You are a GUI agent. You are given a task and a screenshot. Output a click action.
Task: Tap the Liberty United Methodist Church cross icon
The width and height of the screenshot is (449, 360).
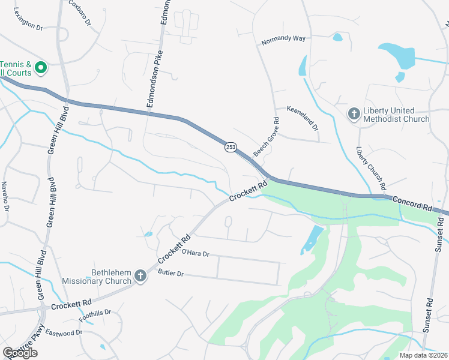[x=354, y=113]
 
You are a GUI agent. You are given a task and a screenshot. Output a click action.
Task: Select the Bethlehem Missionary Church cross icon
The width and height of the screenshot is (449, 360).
[x=140, y=276]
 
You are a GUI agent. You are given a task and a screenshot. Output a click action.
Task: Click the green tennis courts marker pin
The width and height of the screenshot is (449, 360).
[x=40, y=68]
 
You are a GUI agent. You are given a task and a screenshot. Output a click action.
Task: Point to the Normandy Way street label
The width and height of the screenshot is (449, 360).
[x=283, y=38]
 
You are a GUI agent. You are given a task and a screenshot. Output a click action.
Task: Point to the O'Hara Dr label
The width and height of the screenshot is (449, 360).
[x=195, y=254]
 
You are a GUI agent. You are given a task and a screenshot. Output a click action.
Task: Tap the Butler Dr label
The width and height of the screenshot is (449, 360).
[x=170, y=273]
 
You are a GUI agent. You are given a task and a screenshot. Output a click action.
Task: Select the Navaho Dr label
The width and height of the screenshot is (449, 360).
[x=5, y=196]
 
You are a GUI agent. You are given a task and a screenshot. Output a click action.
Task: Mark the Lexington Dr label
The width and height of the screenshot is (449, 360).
[x=28, y=27]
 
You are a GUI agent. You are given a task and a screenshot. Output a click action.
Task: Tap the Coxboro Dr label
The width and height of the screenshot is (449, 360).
[x=80, y=13]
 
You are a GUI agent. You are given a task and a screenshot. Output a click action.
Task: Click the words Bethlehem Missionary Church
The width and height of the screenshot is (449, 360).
[x=97, y=277]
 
